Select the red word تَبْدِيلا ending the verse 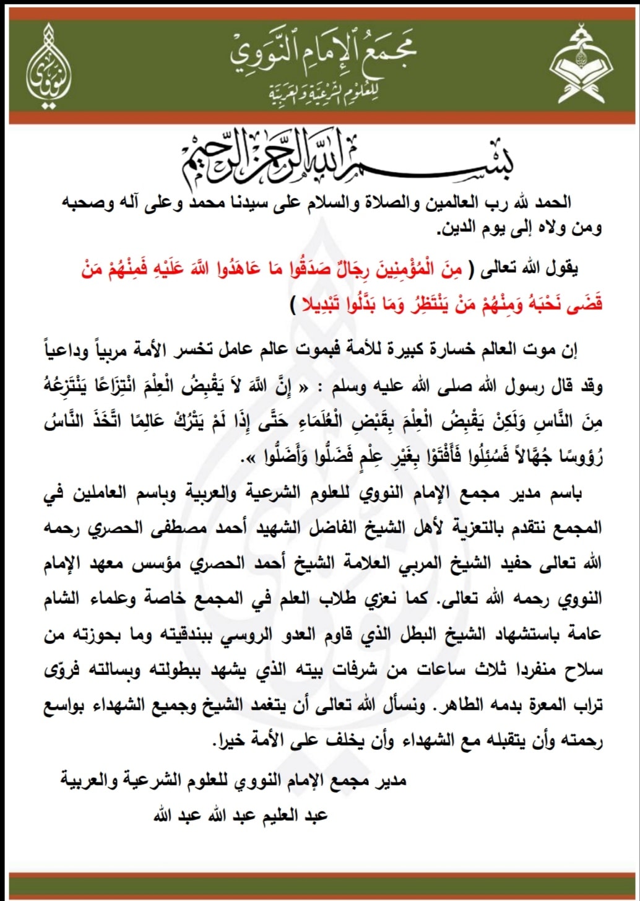[x=327, y=304]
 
